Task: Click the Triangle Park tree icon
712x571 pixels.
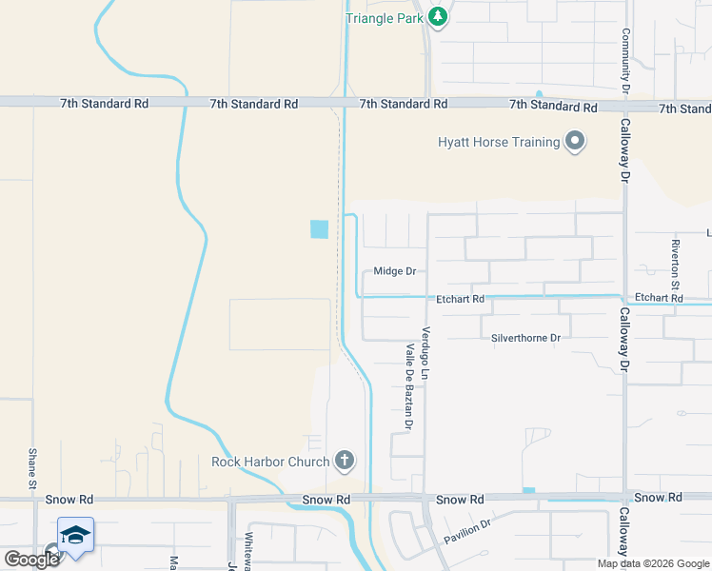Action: point(438,16)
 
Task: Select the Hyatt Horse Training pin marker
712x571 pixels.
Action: point(575,142)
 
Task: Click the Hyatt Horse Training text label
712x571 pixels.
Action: point(498,142)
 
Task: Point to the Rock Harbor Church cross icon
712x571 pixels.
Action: point(345,463)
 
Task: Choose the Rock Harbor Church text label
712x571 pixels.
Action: point(270,463)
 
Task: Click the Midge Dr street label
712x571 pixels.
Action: point(394,271)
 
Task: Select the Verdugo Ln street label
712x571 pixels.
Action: point(426,351)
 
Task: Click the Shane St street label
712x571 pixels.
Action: point(32,469)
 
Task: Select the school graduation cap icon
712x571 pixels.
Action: point(74,534)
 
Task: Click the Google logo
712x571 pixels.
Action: point(31,559)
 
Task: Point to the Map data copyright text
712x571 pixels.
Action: point(653,563)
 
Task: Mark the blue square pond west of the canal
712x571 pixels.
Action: point(319,229)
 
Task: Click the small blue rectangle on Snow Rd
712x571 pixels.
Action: point(529,491)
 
